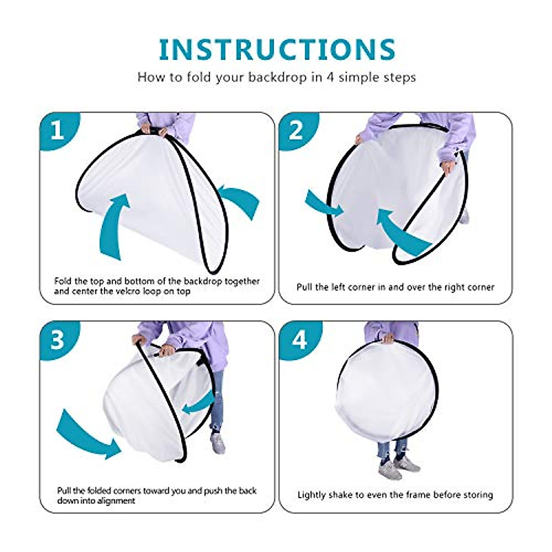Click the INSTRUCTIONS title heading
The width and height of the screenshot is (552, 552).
point(277,50)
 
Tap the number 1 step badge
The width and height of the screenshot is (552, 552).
point(57,131)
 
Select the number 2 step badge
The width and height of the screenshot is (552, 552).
point(296,131)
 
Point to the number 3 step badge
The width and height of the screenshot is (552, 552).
point(57,340)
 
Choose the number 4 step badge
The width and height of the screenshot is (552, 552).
point(299,340)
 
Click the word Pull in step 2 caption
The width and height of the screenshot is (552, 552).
point(305,287)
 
